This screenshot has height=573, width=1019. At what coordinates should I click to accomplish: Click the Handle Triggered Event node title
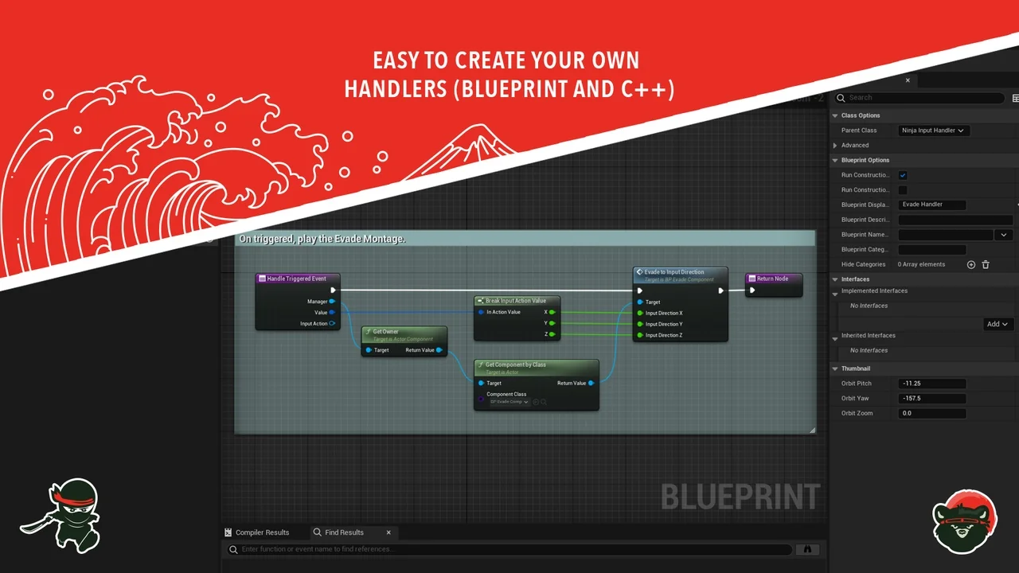tap(296, 279)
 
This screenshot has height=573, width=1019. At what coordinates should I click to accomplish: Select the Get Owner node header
tap(385, 332)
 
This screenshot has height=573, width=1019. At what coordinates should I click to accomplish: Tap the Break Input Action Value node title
tap(516, 301)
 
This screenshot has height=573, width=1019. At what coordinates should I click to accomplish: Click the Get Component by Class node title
tap(516, 364)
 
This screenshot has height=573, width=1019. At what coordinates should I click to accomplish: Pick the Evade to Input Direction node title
tap(674, 272)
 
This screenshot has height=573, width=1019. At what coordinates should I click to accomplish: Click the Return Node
tap(772, 279)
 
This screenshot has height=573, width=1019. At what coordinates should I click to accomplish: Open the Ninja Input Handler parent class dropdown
tap(933, 131)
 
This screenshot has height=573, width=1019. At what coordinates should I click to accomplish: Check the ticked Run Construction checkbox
tap(903, 175)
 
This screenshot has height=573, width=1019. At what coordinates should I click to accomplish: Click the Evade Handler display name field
tap(931, 205)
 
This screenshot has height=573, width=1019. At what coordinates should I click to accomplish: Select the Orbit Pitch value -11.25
tap(931, 384)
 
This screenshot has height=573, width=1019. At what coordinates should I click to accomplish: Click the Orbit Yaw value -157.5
tap(931, 399)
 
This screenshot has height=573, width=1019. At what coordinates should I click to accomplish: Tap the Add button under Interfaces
tap(998, 324)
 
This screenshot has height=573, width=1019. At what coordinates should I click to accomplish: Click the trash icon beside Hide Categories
tap(986, 264)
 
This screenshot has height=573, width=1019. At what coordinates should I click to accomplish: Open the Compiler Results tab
tap(261, 532)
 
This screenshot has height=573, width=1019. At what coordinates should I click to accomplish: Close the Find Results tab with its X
tap(388, 532)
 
